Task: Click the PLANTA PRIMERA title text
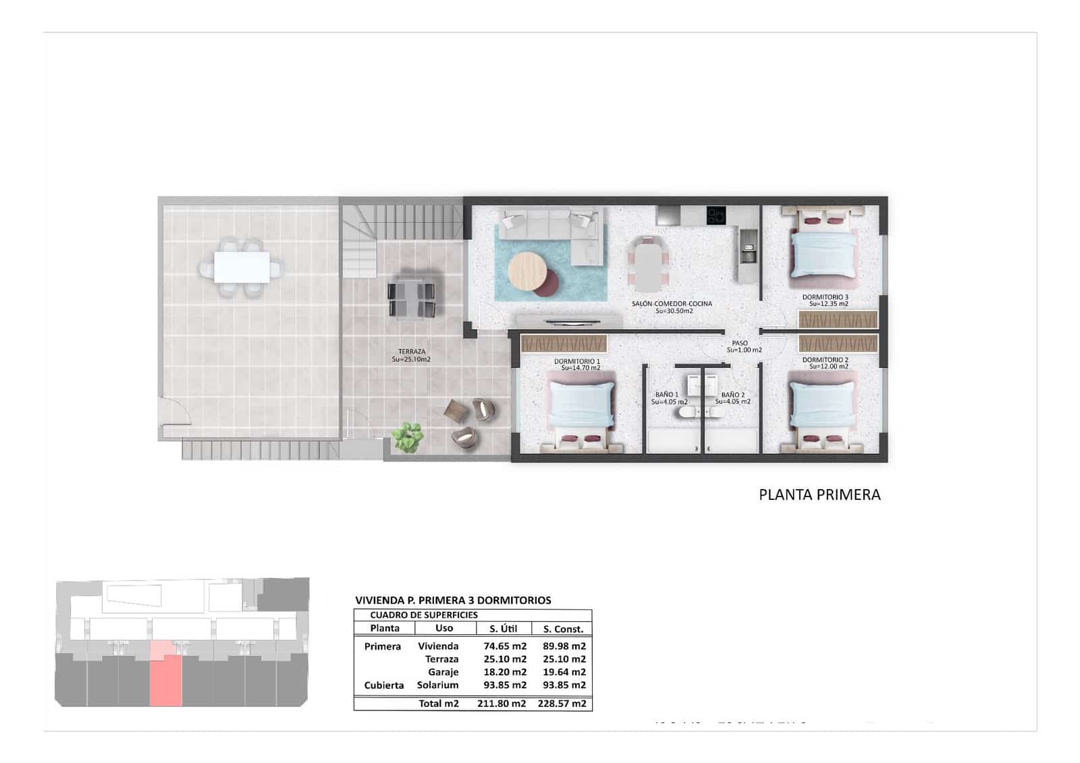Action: [x=819, y=494]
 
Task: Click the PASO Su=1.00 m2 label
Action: [x=743, y=347]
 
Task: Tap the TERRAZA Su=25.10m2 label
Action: [x=411, y=356]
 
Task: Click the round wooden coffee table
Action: [x=527, y=271]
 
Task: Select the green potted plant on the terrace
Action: [x=408, y=436]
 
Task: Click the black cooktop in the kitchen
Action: [x=715, y=216]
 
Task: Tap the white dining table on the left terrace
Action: [x=242, y=267]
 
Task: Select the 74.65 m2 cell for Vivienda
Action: [x=504, y=646]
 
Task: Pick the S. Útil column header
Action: [x=503, y=629]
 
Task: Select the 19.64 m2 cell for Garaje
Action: [x=564, y=672]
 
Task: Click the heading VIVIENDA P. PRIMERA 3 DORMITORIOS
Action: [x=453, y=600]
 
